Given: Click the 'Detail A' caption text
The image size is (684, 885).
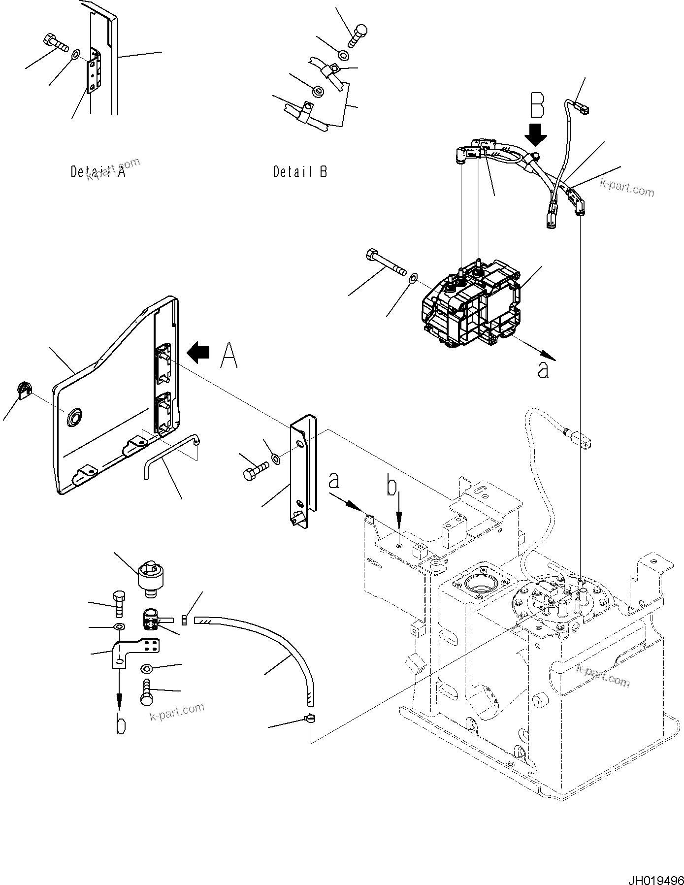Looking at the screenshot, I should tap(98, 172).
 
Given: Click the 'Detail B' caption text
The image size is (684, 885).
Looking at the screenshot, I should tap(300, 171).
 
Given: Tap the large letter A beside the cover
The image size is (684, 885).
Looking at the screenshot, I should tap(228, 356).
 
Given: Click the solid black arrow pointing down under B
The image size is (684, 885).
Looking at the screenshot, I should tap(536, 134).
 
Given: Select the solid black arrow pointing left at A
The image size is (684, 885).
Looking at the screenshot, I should tap(198, 353).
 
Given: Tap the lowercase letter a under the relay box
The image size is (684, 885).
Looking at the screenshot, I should tap(543, 370).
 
